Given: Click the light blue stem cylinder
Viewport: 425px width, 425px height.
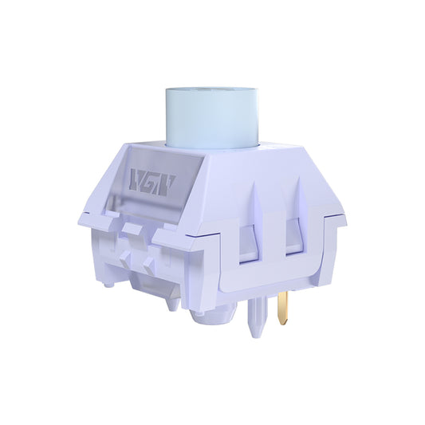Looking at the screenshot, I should point(211,120).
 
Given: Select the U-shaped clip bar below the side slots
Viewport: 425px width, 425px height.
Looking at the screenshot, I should point(271,271).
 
